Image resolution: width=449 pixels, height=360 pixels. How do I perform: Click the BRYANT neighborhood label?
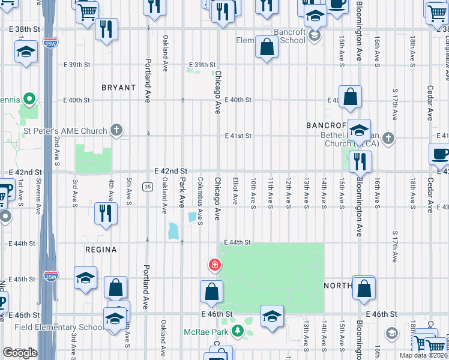[118, 88]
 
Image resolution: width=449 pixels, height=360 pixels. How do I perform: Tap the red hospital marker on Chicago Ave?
[214, 265]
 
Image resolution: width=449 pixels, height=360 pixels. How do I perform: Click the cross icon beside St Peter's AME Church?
[116, 130]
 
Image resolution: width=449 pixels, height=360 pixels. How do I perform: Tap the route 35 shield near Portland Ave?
[148, 187]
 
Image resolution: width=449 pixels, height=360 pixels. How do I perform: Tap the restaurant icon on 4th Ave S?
[106, 214]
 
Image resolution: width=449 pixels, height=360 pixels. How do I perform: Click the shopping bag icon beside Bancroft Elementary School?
[266, 47]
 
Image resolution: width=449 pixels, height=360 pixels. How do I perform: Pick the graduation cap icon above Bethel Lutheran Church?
[358, 131]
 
